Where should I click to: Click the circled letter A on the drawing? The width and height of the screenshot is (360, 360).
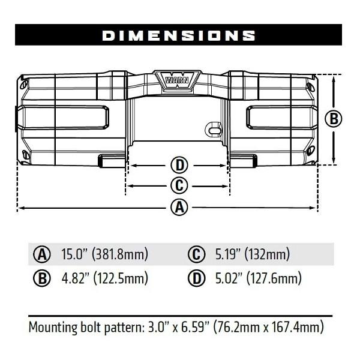coord(178,208)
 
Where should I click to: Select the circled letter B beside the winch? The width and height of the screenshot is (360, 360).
coord(333,118)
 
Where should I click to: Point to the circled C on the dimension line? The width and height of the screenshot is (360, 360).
coord(178,185)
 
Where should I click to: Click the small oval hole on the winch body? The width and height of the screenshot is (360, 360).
coord(213,128)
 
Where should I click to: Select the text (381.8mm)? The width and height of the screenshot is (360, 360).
coord(120,254)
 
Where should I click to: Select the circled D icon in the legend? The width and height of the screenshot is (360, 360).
coord(196,278)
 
